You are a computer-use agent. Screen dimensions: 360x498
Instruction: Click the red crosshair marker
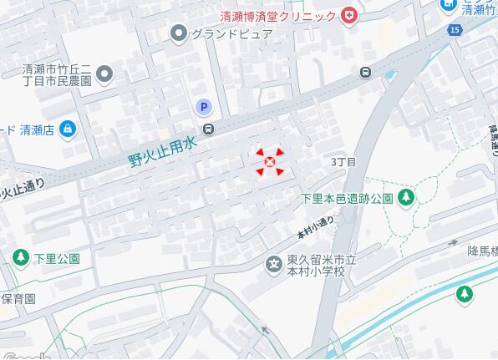(269, 162)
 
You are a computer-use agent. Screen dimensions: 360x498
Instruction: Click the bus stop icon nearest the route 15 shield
(366, 72)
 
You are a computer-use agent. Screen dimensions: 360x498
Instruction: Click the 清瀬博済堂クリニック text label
(278, 16)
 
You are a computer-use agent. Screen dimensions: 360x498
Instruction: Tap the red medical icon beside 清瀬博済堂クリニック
(348, 15)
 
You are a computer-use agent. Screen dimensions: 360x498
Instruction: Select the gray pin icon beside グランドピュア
(178, 33)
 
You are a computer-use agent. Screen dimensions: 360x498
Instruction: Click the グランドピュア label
(231, 34)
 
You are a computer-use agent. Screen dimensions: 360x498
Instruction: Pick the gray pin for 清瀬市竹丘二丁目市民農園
(104, 76)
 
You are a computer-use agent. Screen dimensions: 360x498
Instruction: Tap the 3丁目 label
(343, 161)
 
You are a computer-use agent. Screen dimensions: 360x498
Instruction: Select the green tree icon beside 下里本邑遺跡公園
(406, 197)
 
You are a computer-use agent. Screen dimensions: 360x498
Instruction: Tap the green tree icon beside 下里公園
(21, 258)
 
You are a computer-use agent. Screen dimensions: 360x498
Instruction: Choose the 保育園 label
(18, 298)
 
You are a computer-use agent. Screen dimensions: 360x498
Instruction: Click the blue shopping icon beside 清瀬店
(68, 129)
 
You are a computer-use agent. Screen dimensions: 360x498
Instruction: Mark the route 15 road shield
(454, 30)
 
